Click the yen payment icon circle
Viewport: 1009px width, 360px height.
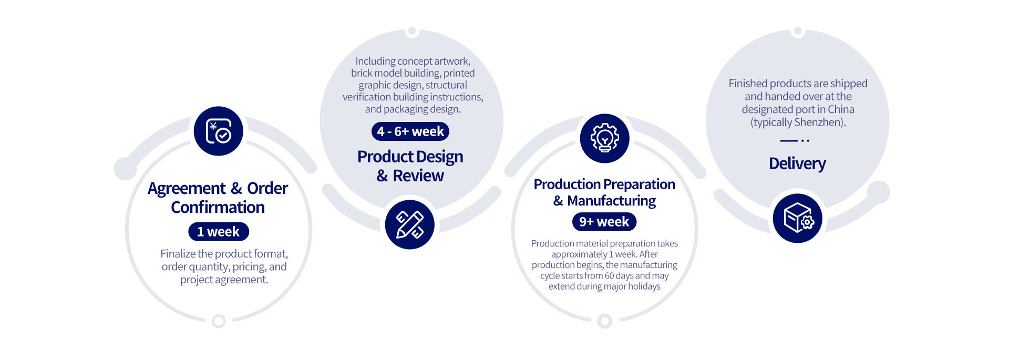219,131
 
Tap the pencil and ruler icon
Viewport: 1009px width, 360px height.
410,224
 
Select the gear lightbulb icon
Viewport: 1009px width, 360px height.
605,138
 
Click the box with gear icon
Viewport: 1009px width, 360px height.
798,218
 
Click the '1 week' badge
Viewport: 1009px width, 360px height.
219,232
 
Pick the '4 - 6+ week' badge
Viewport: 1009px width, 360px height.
410,131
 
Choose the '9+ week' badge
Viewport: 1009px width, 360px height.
604,222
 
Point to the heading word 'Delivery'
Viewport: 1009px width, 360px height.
797,163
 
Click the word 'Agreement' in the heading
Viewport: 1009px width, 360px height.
187,189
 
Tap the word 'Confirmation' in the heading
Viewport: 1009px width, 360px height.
218,207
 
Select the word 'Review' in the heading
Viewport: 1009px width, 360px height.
418,176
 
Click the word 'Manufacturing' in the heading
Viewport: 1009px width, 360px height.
612,201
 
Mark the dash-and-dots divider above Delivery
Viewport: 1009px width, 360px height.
795,140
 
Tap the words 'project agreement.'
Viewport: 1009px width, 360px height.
224,280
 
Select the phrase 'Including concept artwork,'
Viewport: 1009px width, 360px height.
413,61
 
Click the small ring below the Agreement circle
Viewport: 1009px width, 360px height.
219,321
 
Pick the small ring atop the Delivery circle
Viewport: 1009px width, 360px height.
798,31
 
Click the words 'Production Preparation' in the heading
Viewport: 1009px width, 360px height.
604,184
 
